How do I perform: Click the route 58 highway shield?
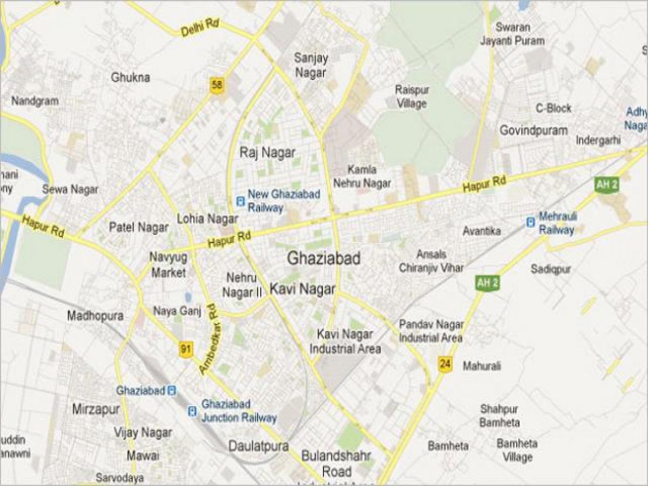217,85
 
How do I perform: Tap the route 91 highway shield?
186,349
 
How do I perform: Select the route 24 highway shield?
444,364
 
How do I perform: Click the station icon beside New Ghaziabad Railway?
240,201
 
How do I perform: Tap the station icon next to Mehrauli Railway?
531,221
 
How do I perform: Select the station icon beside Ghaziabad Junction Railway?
192,411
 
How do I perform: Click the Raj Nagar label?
267,153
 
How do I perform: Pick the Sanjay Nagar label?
310,64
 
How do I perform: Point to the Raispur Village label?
411,96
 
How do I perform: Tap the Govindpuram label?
533,130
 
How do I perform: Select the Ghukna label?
131,78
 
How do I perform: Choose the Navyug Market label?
168,265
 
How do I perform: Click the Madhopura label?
95,315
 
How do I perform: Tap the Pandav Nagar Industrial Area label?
431,331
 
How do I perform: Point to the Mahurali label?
482,366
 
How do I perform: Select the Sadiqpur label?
551,268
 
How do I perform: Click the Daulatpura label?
258,446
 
